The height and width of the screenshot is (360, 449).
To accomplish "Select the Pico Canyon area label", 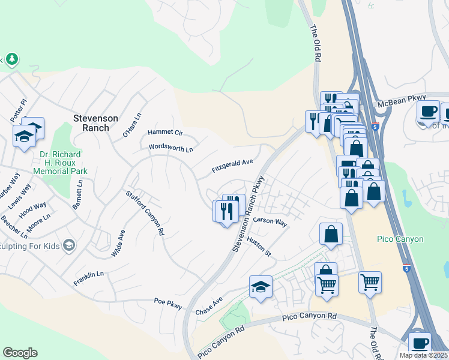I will pos(400,239).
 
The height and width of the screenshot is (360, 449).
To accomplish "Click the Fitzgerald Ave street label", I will pos(232,166).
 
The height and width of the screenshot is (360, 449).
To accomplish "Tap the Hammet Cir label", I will pos(164,132).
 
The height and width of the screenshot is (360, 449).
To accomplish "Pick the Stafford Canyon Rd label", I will pos(145,212).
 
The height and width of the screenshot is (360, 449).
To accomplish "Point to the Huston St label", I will pos(259,247).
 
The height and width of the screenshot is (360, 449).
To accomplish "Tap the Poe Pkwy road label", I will pos(167,304).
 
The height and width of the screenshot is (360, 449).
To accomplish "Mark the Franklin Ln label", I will pos(89,278).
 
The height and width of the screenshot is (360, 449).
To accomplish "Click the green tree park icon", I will pos(11,59).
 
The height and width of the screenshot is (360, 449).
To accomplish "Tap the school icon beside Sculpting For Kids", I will pos(70,244).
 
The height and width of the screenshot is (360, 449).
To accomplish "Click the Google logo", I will pos(20,353).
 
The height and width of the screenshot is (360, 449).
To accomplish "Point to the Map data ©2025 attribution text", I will pos(424,355).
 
